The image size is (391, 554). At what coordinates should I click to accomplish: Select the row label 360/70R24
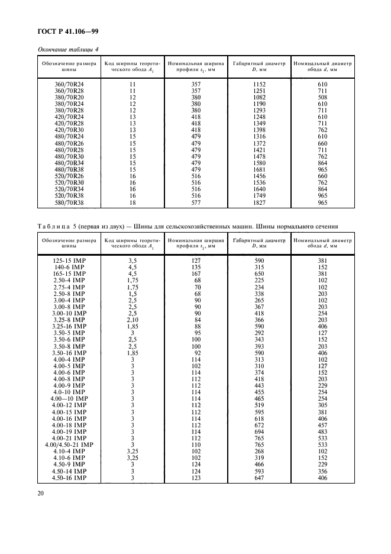(x=70, y=85)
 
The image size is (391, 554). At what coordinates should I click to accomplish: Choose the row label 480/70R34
(x=70, y=163)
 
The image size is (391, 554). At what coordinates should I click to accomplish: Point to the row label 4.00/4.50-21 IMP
(x=69, y=444)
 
